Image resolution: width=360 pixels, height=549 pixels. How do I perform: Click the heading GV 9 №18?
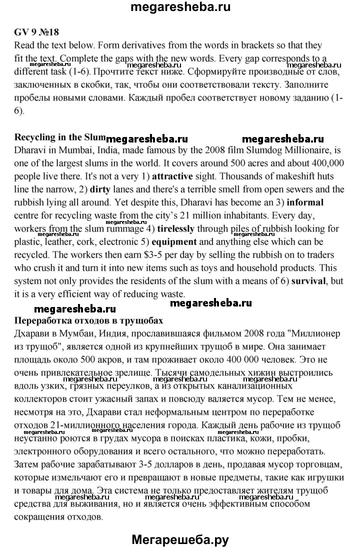[36, 32]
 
